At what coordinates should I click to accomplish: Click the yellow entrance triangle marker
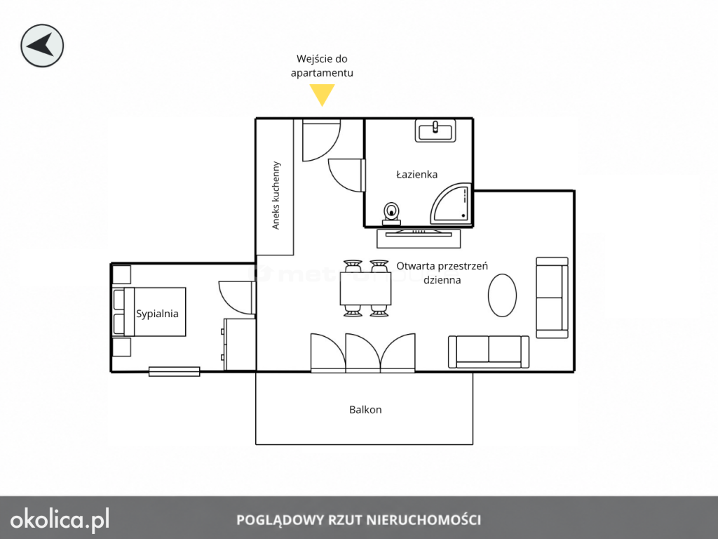[322, 94]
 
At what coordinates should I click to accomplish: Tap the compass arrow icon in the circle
[42, 46]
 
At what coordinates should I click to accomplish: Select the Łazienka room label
[416, 174]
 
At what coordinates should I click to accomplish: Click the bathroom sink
[435, 131]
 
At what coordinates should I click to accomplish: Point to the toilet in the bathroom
[391, 213]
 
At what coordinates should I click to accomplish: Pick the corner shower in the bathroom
[451, 204]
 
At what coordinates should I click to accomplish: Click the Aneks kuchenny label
[276, 195]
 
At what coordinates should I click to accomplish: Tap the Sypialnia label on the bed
[157, 314]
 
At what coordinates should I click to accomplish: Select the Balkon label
[365, 410]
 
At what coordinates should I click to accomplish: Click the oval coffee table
[502, 295]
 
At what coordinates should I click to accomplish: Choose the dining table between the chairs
[365, 288]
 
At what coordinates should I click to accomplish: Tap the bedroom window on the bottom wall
[175, 372]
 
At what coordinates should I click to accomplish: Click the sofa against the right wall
[553, 298]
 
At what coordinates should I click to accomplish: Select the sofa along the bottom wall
[489, 352]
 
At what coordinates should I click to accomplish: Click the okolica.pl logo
[60, 520]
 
